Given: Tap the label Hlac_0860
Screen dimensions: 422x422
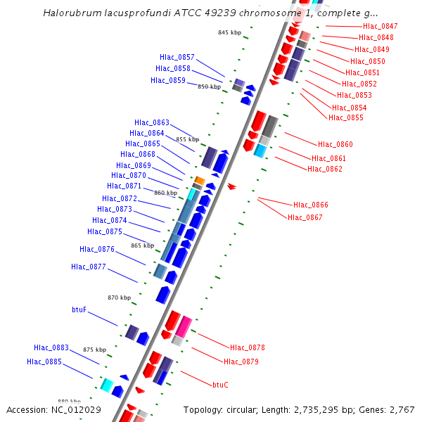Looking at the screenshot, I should click(x=335, y=144).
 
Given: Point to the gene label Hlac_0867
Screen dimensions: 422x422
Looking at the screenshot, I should click(x=305, y=217).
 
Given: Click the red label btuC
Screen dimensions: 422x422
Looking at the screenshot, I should click(x=220, y=385).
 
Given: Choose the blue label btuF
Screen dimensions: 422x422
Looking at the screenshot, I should click(x=79, y=309).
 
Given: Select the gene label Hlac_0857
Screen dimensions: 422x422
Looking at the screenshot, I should click(x=177, y=57).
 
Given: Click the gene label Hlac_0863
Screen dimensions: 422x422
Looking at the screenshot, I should click(x=152, y=122).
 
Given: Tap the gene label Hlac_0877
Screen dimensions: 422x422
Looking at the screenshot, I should click(x=89, y=267).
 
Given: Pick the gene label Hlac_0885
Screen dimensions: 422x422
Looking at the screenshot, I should click(x=44, y=362).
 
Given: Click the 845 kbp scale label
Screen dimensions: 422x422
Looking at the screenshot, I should click(x=229, y=32).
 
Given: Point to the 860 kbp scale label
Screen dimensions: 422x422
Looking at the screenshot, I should click(x=165, y=193).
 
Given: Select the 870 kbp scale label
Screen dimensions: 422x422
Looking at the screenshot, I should click(x=119, y=298).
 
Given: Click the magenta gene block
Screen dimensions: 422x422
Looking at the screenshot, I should click(x=184, y=326).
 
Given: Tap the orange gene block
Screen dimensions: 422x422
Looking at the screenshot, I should click(x=199, y=181).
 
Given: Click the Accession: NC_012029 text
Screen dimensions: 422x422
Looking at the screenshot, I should click(x=53, y=409).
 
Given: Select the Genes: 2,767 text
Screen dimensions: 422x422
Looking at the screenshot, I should click(x=395, y=409).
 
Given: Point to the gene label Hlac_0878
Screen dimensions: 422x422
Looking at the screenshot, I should click(x=248, y=347).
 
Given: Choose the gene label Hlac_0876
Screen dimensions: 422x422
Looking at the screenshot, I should click(x=97, y=249).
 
